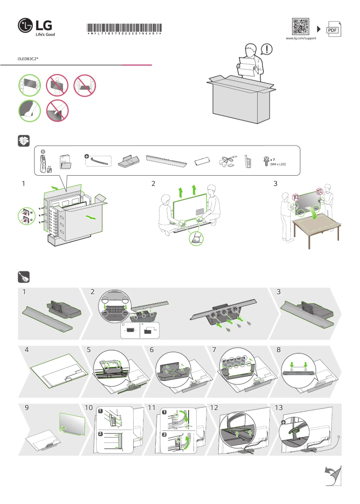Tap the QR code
click(x=300, y=27)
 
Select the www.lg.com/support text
click(x=301, y=39)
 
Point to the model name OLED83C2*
click(x=28, y=59)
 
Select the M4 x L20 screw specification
click(x=278, y=164)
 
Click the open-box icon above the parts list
click(x=24, y=141)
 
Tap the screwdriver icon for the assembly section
click(x=24, y=277)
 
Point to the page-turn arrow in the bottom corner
click(x=332, y=475)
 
